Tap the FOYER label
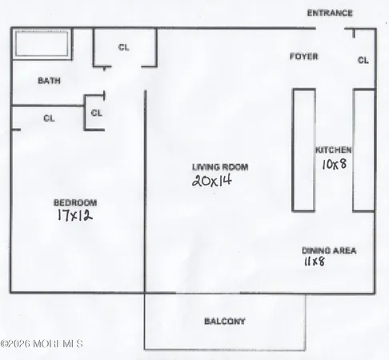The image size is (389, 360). [303, 57]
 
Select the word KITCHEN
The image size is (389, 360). [333, 150]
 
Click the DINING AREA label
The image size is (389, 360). [328, 250]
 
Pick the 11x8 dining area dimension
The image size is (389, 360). [314, 262]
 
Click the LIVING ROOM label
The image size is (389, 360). [219, 167]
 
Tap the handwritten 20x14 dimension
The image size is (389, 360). [211, 182]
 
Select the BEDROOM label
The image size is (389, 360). [74, 202]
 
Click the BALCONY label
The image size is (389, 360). [224, 322]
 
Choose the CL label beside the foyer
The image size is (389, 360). [363, 60]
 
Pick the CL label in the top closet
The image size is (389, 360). [123, 47]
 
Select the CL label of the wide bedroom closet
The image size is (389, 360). [49, 118]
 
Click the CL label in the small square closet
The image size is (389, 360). [96, 113]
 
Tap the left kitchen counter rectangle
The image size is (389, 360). [303, 150]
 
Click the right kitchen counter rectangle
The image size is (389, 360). [364, 150]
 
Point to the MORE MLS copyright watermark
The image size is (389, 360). [42, 344]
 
